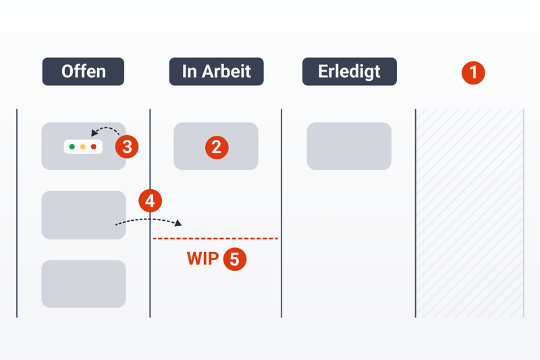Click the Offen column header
click(x=83, y=72)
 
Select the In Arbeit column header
click(x=216, y=72)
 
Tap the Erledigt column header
click(x=349, y=72)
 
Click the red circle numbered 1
click(x=473, y=72)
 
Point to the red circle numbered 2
click(x=216, y=147)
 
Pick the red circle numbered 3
click(x=126, y=146)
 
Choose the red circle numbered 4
click(x=150, y=201)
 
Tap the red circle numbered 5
click(x=234, y=259)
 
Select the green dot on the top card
click(x=72, y=147)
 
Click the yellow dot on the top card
click(x=83, y=147)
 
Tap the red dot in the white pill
click(x=94, y=147)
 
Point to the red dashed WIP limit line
click(x=216, y=238)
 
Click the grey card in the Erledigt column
click(x=349, y=146)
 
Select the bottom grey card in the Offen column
click(x=83, y=284)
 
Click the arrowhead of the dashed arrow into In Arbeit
click(x=178, y=222)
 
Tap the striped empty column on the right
click(x=470, y=213)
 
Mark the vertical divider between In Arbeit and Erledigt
click(x=281, y=213)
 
